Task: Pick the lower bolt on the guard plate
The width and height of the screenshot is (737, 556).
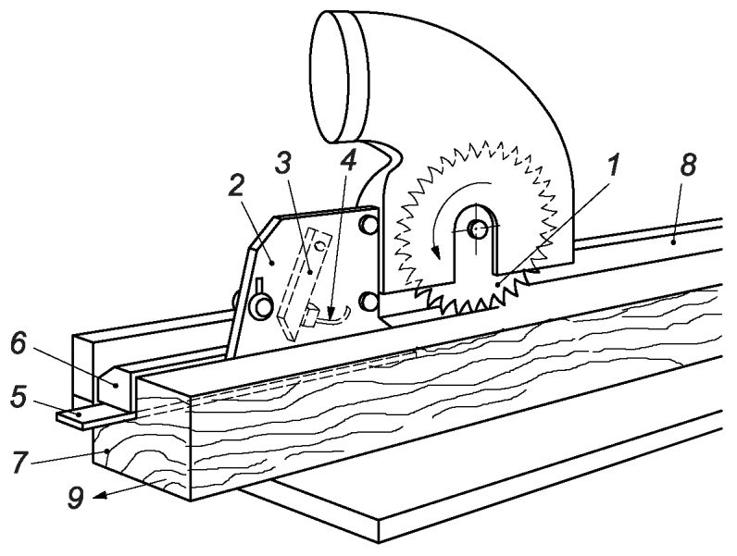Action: point(368,301)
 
